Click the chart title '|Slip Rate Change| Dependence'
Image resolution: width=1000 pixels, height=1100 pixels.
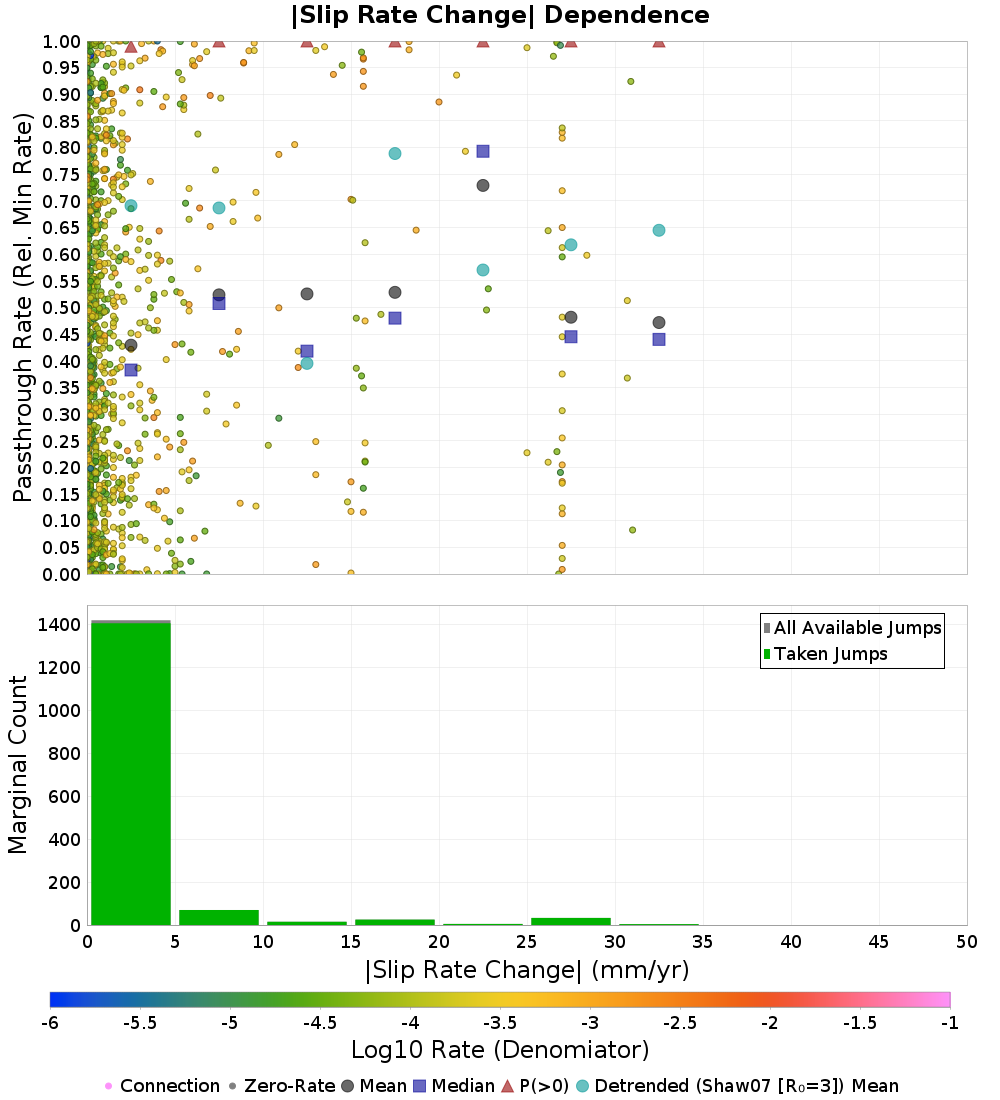[500, 15]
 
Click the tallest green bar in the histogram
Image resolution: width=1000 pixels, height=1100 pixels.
[131, 774]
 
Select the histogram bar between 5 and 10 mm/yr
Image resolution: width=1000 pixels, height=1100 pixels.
[219, 918]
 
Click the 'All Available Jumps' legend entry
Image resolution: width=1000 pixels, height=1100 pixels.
[852, 628]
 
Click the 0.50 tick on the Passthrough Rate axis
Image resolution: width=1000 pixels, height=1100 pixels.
[62, 308]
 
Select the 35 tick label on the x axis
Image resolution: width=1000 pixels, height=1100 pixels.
[703, 941]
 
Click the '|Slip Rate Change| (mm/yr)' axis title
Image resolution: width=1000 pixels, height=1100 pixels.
[527, 970]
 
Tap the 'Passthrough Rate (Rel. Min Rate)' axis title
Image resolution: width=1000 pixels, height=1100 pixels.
[23, 307]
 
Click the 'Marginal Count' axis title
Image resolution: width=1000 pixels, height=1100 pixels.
[18, 765]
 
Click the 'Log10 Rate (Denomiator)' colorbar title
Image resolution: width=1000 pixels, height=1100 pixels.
[500, 1049]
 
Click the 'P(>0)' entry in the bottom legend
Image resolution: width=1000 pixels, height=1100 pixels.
[536, 1085]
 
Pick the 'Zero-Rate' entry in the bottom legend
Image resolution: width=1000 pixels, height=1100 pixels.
[282, 1085]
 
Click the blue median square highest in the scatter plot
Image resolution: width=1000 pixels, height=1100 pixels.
[483, 152]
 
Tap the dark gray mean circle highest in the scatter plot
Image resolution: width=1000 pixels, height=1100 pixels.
[483, 185]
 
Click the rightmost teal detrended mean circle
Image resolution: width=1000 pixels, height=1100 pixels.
[659, 230]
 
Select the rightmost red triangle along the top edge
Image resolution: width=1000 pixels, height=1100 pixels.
[659, 41]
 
